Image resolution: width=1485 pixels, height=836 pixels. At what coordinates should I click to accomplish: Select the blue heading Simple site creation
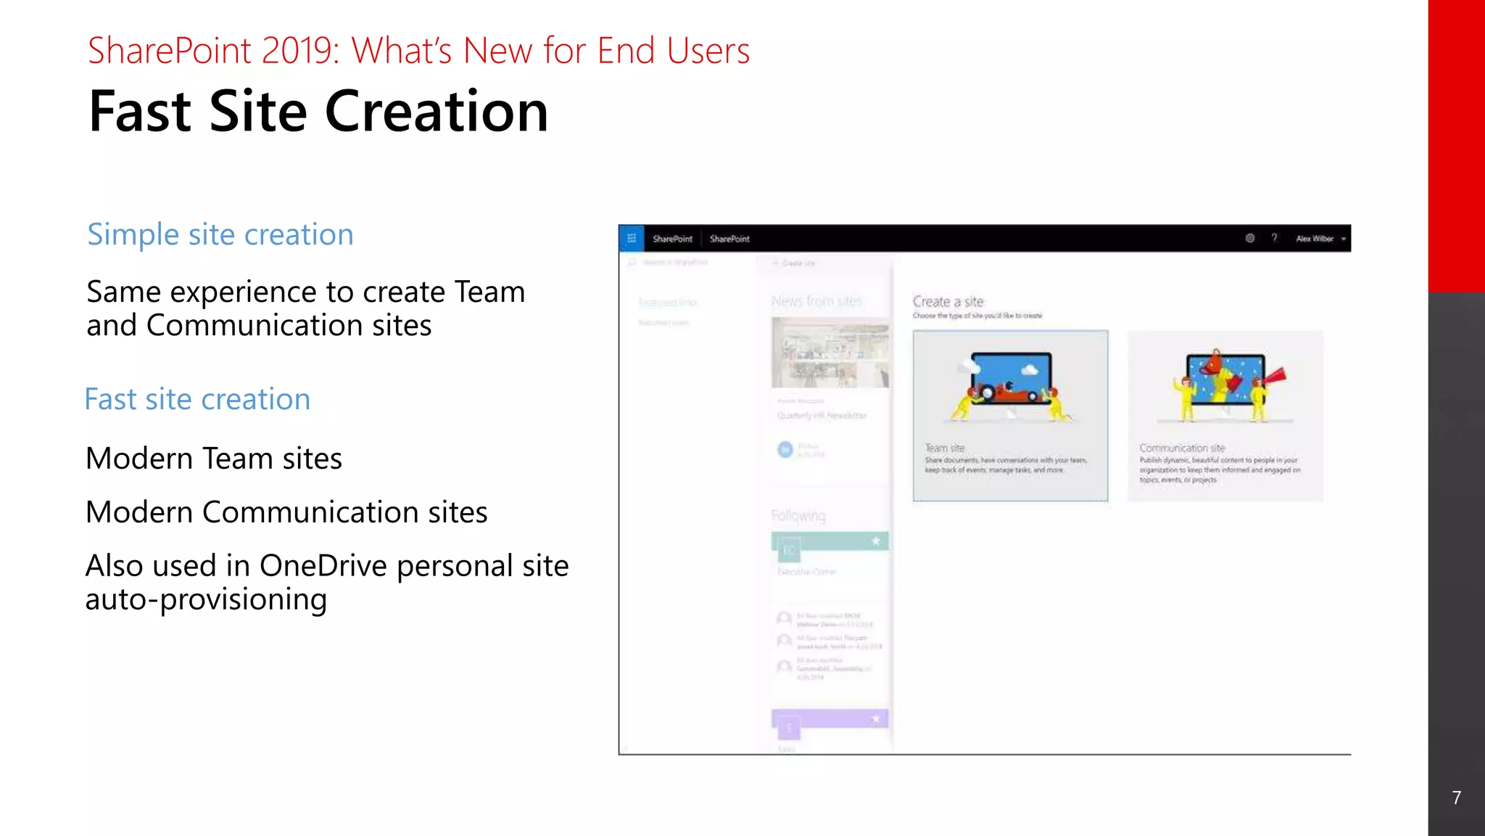click(220, 234)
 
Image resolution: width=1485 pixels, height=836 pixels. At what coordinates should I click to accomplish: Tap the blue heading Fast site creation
click(197, 399)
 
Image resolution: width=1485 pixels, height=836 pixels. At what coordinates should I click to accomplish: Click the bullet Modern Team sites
click(213, 459)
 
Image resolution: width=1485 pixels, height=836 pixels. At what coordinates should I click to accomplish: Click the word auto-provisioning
click(206, 599)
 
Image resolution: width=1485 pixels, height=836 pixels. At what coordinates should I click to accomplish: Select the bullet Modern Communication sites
click(286, 512)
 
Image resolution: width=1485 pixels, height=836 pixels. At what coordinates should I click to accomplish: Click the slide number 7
click(1456, 798)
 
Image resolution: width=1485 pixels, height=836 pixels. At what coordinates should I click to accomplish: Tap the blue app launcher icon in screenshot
click(631, 238)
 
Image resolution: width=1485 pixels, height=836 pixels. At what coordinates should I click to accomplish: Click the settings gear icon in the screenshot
click(1250, 238)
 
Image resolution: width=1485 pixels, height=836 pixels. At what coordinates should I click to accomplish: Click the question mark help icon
click(1274, 238)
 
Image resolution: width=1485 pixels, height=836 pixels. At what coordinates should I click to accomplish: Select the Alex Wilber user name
click(1314, 238)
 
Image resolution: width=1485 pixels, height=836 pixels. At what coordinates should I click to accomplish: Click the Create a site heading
click(948, 301)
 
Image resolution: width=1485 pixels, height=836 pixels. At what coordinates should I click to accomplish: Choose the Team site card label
click(945, 448)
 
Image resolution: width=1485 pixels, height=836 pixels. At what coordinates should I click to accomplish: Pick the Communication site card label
click(1182, 448)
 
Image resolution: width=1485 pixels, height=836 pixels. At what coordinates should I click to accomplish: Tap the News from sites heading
click(816, 301)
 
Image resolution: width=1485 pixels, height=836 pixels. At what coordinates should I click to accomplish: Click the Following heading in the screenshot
click(798, 515)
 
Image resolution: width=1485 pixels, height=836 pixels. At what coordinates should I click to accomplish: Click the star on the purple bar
click(876, 718)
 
